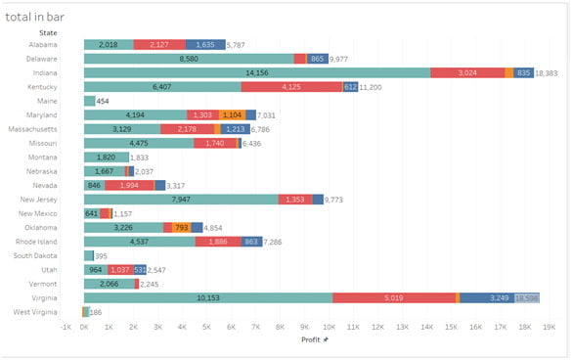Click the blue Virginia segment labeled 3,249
pos(486,297)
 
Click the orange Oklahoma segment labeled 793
pos(181,227)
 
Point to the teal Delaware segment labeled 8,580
pos(189,59)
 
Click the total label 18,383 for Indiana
pos(548,72)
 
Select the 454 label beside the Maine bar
pos(102,101)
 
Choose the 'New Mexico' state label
pos(39,213)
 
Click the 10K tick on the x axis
pos(330,327)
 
